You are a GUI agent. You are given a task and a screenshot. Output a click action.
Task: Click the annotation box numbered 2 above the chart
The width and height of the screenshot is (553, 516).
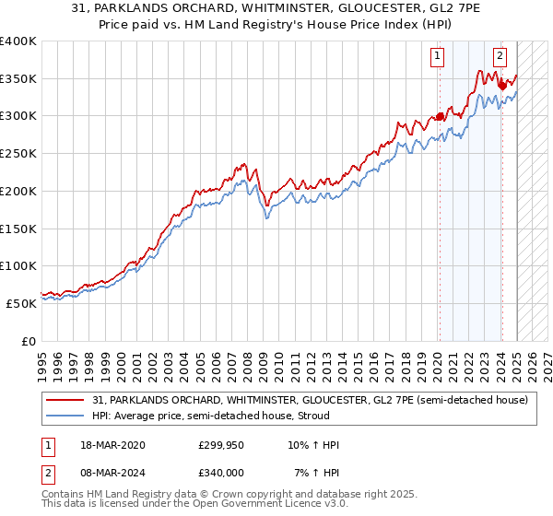pyautogui.click(x=500, y=55)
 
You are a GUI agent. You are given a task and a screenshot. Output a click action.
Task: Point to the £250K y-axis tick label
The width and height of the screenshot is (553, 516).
pyautogui.click(x=18, y=153)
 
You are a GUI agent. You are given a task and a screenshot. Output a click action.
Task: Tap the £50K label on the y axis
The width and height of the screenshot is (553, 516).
pyautogui.click(x=21, y=303)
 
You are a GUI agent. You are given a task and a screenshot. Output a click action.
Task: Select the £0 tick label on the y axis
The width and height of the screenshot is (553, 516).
pyautogui.click(x=29, y=341)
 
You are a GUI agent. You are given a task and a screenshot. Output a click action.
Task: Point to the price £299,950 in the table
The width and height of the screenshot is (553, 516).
pyautogui.click(x=221, y=445)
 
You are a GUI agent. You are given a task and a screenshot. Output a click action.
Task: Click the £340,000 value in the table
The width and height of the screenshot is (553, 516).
pyautogui.click(x=220, y=472)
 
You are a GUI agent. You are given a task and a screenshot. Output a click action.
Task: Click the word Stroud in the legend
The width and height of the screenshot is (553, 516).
pyautogui.click(x=312, y=416)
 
